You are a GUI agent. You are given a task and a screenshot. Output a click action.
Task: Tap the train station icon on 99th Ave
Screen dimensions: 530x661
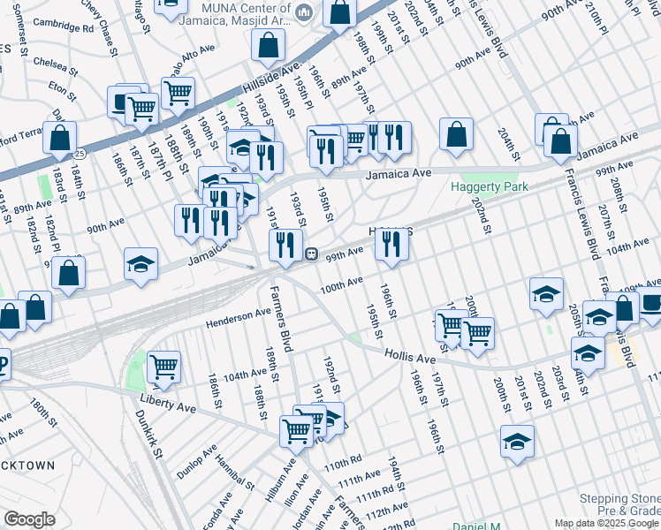[x=311, y=254]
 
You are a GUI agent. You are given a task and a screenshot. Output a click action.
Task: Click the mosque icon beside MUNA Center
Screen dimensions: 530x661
[x=305, y=12]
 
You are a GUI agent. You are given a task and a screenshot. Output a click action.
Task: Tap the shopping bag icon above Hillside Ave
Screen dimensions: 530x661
[x=268, y=45]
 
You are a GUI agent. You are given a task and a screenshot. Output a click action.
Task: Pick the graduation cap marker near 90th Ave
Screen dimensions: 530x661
[x=141, y=265]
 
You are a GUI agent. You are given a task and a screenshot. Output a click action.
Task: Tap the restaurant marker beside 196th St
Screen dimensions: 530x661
[x=391, y=243]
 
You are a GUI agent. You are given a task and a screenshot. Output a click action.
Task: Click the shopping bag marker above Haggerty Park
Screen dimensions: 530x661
[x=457, y=135]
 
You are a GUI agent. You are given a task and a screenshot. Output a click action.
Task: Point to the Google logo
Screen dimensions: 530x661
[x=29, y=519]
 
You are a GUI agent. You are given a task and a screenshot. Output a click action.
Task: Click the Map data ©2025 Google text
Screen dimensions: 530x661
[x=607, y=523]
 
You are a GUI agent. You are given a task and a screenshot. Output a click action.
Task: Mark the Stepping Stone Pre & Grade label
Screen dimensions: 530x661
[x=619, y=505]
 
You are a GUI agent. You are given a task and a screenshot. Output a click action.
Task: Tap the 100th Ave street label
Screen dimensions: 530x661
[x=341, y=285]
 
